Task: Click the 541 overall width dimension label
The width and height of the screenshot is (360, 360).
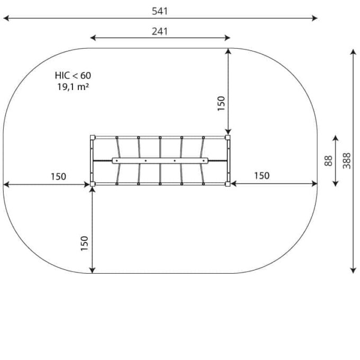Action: [160, 11]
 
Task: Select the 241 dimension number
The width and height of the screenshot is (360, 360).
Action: [160, 31]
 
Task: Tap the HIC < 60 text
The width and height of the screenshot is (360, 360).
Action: [73, 76]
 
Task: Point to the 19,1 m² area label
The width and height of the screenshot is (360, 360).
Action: [73, 87]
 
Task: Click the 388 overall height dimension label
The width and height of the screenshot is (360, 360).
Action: [347, 161]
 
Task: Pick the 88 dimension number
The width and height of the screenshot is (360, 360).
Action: [328, 161]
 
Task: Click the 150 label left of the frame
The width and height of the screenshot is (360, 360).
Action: [58, 176]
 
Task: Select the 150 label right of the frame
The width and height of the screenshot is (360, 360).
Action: [262, 176]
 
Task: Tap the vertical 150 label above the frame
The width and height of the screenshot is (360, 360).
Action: [221, 104]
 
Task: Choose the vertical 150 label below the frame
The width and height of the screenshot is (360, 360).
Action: [85, 244]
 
